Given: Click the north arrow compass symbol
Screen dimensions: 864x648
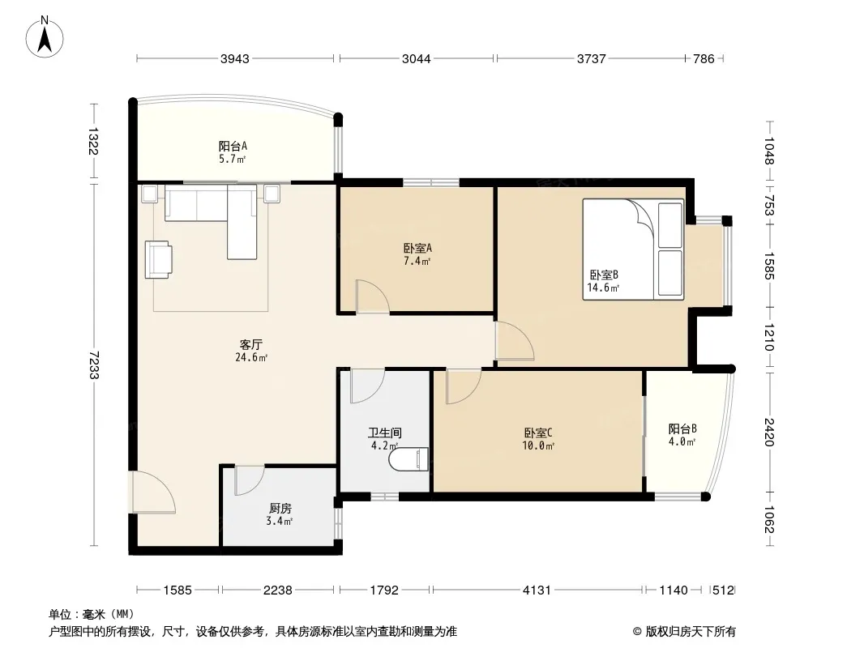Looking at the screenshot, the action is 45,37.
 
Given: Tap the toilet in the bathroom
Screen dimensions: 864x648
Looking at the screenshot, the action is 408,460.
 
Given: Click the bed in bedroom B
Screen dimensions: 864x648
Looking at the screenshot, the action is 633,249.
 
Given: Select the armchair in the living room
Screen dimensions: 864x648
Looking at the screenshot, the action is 159,260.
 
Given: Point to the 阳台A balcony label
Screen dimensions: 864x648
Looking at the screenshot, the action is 233,147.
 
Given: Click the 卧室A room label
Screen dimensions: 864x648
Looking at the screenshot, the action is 417,249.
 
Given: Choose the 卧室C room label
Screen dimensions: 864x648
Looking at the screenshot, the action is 538,433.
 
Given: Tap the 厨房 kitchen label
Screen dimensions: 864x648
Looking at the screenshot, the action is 280,509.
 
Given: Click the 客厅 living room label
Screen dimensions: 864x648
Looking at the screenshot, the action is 250,345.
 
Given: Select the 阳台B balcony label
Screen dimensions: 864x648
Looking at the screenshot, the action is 682,428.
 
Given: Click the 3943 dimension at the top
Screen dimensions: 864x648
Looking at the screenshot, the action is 235,59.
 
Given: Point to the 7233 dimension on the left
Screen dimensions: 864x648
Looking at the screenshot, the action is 93,364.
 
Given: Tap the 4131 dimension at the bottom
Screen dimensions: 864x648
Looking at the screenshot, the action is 537,590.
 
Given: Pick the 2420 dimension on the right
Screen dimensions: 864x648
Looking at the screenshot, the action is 770,433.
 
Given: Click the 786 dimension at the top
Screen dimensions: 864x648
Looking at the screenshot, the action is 704,59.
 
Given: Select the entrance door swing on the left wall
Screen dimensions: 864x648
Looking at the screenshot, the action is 154,492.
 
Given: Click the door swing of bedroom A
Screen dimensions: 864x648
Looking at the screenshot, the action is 373,296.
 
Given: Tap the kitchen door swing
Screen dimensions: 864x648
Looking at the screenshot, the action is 250,480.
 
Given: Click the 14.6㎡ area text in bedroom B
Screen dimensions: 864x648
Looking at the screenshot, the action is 603,288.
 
